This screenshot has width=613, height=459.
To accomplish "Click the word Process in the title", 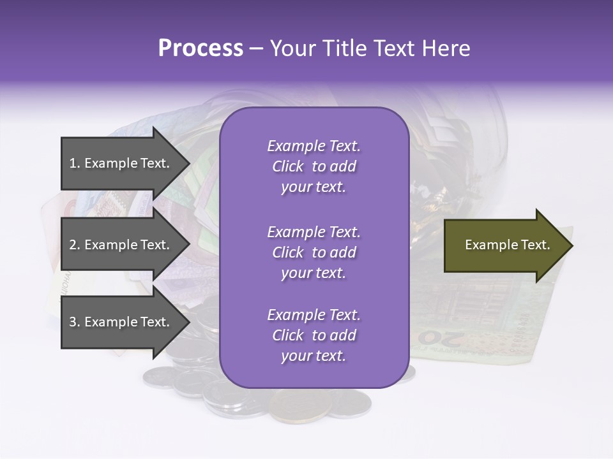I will tap(201, 48).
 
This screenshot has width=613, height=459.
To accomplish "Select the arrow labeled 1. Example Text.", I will tap(121, 163).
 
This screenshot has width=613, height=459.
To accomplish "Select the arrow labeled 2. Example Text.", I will tap(121, 245).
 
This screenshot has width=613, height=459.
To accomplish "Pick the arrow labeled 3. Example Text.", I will tap(121, 322).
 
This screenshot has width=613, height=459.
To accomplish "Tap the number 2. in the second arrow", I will tap(75, 245).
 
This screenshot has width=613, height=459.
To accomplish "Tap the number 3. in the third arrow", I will tap(75, 322).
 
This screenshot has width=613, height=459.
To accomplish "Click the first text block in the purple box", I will tap(314, 166).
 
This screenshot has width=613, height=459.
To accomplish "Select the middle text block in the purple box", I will tap(314, 252).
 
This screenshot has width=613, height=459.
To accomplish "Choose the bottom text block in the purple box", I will tap(314, 335).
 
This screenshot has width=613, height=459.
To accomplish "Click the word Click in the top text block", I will tap(287, 166).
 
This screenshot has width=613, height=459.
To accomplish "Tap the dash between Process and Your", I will tap(257, 48).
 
